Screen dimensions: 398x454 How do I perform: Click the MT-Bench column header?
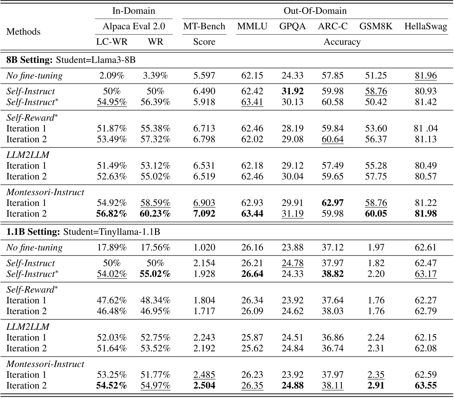point(204,27)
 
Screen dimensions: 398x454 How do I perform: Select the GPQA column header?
point(292,27)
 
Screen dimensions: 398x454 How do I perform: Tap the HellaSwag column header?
point(425,27)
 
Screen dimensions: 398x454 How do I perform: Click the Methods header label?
point(23,32)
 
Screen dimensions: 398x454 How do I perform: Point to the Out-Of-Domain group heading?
point(315,11)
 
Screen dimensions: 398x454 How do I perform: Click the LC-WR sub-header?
point(112,42)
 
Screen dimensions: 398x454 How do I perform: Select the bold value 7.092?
point(204,213)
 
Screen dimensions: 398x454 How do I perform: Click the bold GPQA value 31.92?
point(292,91)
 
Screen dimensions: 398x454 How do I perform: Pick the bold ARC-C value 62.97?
point(333,203)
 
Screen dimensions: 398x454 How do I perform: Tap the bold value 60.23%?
point(155,213)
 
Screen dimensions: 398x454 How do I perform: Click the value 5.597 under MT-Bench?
point(204,76)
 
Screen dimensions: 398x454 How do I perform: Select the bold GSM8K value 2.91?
point(376,385)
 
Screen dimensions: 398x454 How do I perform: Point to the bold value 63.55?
point(425,385)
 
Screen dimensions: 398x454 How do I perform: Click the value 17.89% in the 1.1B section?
point(112,248)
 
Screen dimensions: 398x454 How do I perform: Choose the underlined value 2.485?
point(204,375)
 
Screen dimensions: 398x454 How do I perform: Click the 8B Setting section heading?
point(30,60)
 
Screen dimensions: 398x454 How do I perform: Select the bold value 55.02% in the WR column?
point(155,274)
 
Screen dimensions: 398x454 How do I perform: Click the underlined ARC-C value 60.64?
point(333,139)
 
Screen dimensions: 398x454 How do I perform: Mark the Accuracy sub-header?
point(342,42)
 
